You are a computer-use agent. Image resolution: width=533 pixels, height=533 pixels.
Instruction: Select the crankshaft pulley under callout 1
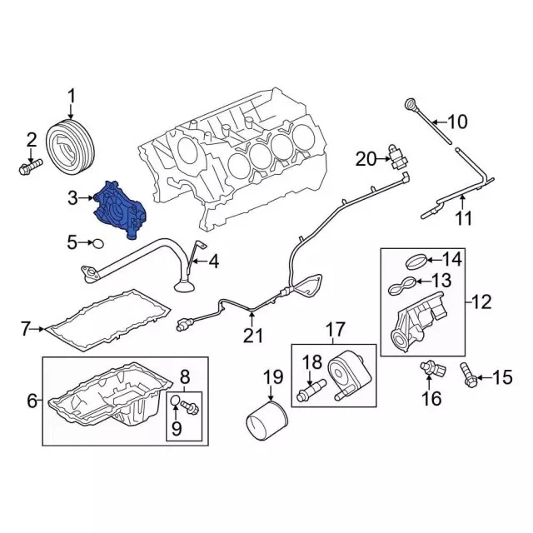click(x=70, y=148)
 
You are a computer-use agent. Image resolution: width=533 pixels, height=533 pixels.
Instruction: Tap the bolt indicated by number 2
click(x=30, y=167)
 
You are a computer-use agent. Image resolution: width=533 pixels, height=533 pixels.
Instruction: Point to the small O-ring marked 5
click(x=98, y=243)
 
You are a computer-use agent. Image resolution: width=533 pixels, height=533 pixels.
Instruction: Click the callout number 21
click(x=253, y=335)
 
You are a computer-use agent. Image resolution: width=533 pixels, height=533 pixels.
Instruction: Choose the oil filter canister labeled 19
click(x=266, y=421)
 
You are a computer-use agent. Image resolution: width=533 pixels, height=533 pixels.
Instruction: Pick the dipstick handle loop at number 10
click(x=411, y=103)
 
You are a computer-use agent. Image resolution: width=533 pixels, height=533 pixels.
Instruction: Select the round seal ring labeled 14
click(x=416, y=262)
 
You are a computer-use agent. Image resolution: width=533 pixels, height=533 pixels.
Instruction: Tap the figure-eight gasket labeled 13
click(x=401, y=285)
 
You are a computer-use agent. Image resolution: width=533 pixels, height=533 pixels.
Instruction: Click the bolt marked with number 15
click(x=469, y=376)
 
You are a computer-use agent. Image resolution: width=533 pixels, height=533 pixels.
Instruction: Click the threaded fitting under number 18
click(x=311, y=391)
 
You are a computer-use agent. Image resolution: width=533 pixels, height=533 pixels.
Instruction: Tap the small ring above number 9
click(x=175, y=401)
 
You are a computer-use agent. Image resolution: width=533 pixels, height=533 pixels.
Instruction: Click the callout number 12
click(x=481, y=301)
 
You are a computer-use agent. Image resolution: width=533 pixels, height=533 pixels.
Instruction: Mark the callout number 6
click(x=32, y=401)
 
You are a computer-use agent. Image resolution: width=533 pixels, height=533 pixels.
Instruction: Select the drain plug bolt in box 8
click(x=190, y=407)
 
